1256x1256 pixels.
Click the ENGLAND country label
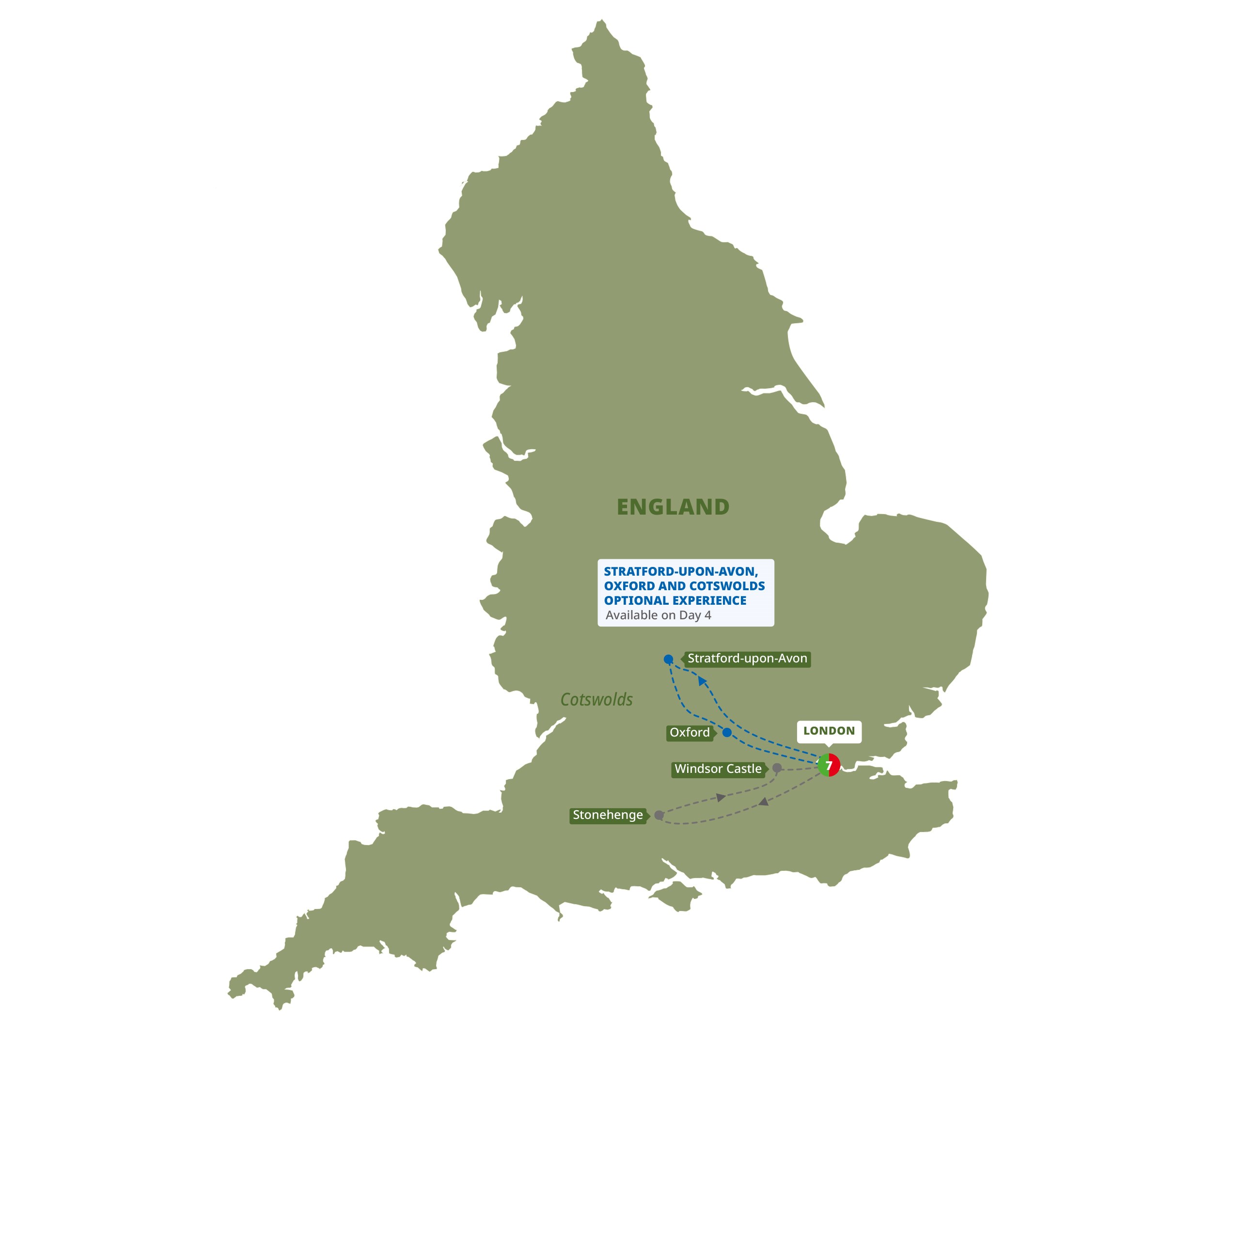[673, 507]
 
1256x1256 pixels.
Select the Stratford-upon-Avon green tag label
[747, 659]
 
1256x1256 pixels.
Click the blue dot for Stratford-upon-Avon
[668, 659]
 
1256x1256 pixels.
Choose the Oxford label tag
[690, 733]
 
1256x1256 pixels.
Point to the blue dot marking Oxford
[727, 733]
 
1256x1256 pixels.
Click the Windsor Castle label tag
[718, 769]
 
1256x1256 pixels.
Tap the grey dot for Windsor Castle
[777, 768]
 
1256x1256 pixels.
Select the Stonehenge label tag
[608, 815]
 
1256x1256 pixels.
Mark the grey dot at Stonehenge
[659, 815]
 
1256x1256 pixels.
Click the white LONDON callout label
[829, 731]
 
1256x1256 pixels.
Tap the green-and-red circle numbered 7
[829, 765]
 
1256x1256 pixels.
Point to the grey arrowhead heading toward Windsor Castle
[721, 797]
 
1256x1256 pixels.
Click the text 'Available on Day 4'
[658, 615]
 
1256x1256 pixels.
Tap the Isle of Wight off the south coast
[676, 896]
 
